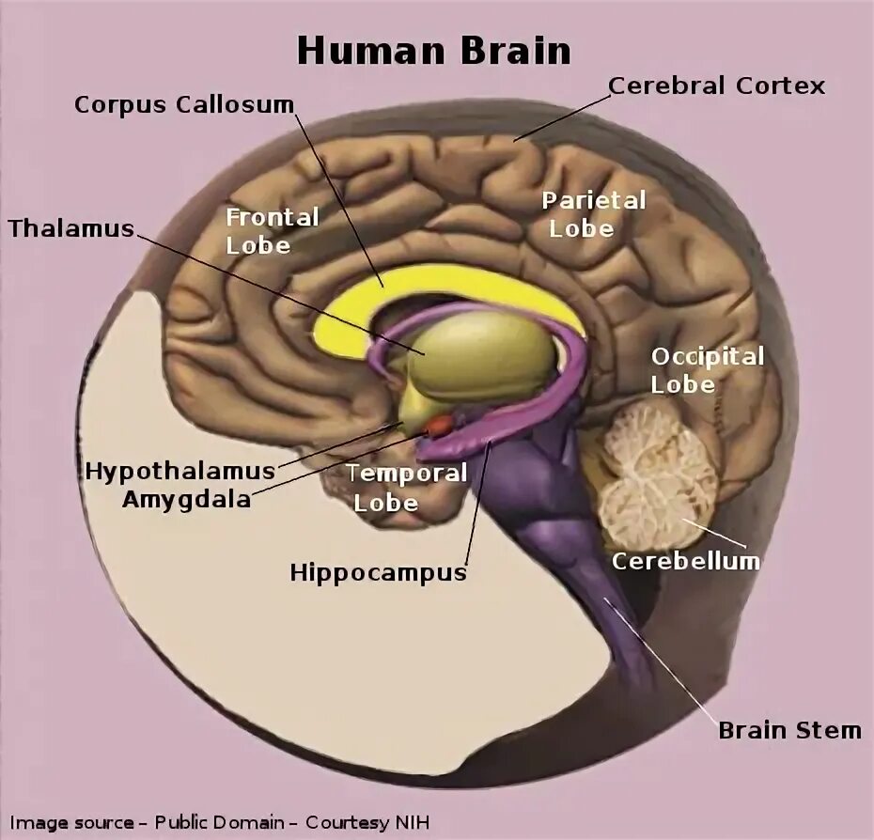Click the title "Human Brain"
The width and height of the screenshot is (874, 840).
(x=433, y=51)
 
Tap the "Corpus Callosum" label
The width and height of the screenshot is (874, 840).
(x=184, y=103)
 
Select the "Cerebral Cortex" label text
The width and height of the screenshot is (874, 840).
(x=716, y=86)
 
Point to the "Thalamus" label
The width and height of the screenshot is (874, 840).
(x=71, y=228)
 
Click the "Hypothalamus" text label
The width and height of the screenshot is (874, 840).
(x=179, y=470)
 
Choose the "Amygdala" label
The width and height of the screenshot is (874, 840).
(x=186, y=499)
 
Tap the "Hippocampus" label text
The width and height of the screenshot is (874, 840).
(x=378, y=572)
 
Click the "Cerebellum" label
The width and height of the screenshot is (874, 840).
(x=685, y=561)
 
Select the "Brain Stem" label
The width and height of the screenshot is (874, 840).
(x=789, y=730)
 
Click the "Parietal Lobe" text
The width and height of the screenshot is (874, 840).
(x=593, y=214)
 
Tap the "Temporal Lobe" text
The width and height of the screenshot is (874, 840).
(x=405, y=487)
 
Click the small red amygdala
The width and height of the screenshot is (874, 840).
(x=440, y=426)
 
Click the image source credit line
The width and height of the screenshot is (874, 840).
(x=222, y=822)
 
